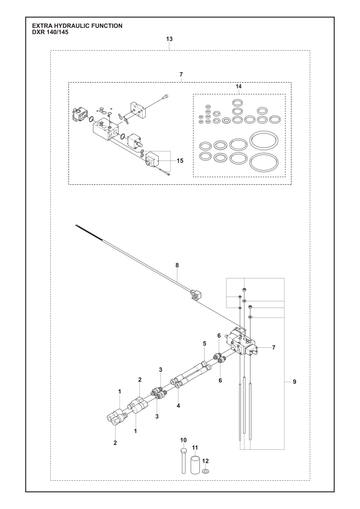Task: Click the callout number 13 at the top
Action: (x=169, y=39)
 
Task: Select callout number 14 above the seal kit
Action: (x=239, y=86)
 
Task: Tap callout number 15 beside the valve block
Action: (x=180, y=161)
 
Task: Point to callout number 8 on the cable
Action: (x=177, y=265)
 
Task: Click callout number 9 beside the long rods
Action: (x=294, y=382)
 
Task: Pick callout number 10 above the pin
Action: (x=183, y=440)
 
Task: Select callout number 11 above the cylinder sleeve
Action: (x=195, y=448)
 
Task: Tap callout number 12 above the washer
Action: (x=206, y=461)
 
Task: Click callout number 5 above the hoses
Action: (x=205, y=343)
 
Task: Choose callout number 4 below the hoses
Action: (x=178, y=406)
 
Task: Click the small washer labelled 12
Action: (x=206, y=471)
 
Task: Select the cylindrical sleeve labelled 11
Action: (x=195, y=464)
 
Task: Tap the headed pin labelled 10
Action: (x=184, y=460)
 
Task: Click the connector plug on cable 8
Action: (x=194, y=295)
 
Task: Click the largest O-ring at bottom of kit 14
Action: (x=264, y=163)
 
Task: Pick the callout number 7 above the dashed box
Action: (x=181, y=74)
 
